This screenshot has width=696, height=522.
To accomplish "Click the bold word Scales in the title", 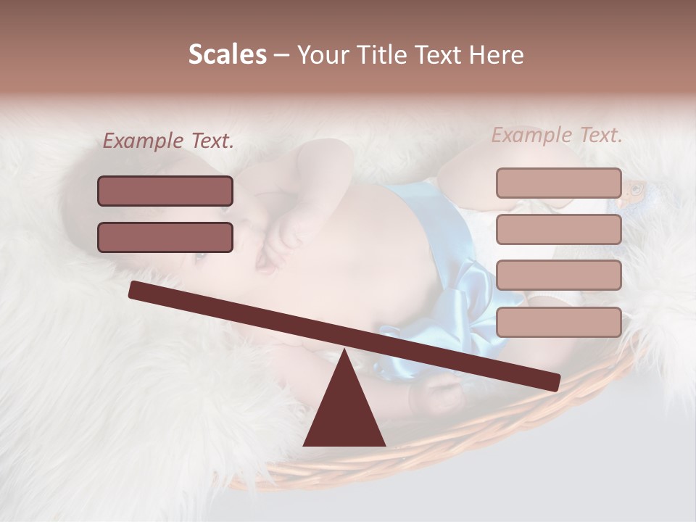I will (227, 54).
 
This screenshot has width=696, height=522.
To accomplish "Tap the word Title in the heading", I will (376, 55).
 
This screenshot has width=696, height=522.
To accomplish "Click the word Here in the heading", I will (495, 55).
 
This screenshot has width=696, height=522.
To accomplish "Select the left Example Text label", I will (168, 141).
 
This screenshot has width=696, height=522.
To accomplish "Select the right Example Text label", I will (557, 135).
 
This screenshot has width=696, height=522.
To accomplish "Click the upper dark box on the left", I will (165, 191).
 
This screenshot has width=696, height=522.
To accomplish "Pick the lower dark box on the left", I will (165, 237).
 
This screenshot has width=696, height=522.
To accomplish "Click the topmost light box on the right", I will (558, 183).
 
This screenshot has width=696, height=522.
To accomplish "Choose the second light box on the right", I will (558, 229).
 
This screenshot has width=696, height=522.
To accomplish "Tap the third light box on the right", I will (558, 275).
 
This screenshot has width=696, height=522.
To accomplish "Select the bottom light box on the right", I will (558, 322).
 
